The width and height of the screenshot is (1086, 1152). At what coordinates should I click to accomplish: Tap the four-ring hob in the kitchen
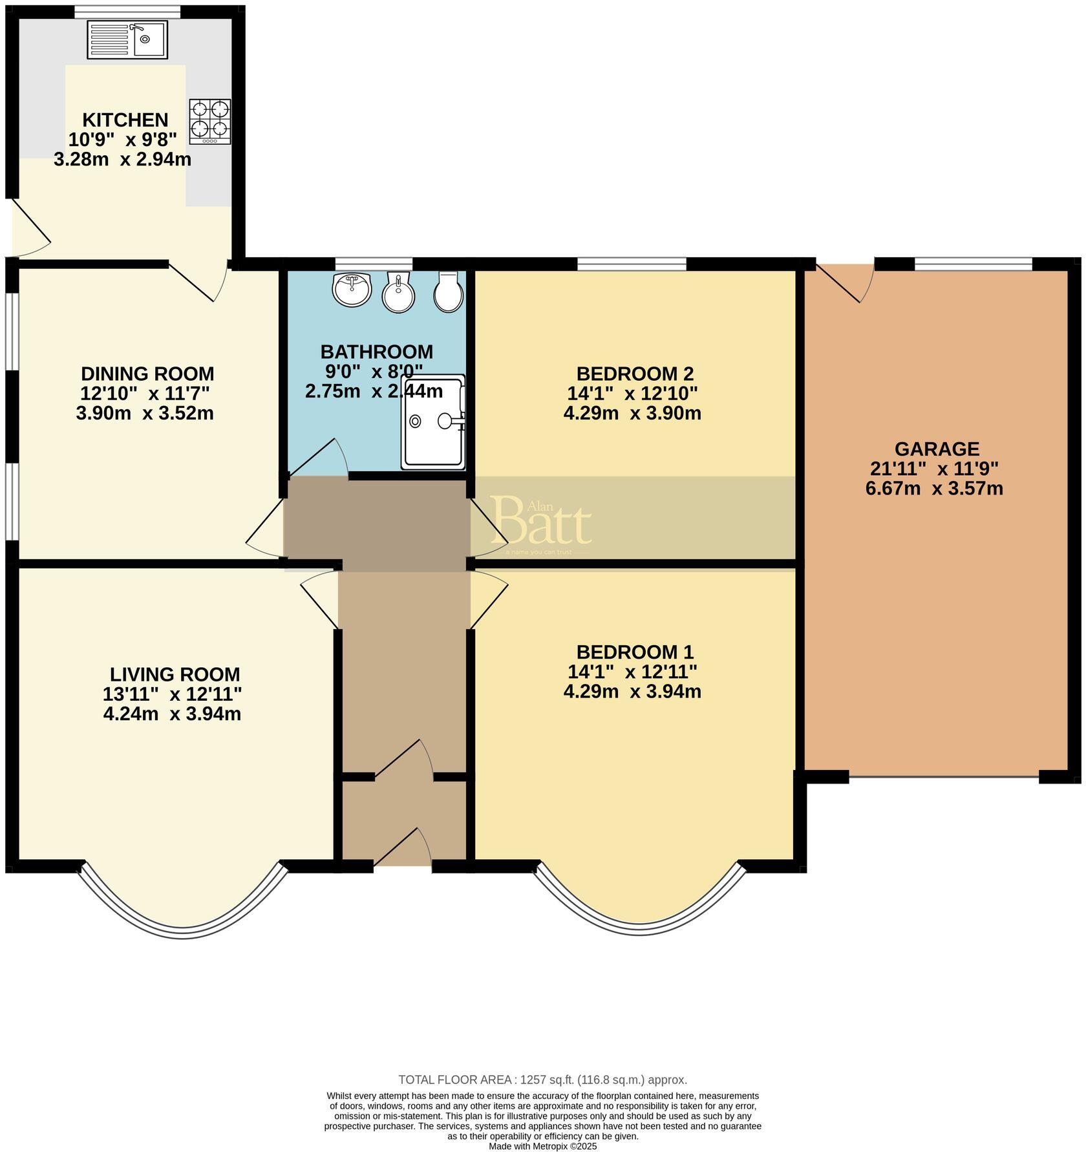[210, 122]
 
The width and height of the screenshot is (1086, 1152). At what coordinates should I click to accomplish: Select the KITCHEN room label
[125, 120]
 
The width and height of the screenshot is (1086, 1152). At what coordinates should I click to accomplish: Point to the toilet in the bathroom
[447, 292]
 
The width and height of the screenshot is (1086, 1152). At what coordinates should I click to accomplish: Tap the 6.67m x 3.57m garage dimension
[934, 488]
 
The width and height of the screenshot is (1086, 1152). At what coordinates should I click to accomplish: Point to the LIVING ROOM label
[175, 674]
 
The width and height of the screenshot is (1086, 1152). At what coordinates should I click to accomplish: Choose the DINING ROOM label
[147, 374]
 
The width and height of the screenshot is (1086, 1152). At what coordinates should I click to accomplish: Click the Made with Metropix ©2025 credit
[542, 1146]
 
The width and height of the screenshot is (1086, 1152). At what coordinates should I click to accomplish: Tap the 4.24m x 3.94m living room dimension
[172, 714]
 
